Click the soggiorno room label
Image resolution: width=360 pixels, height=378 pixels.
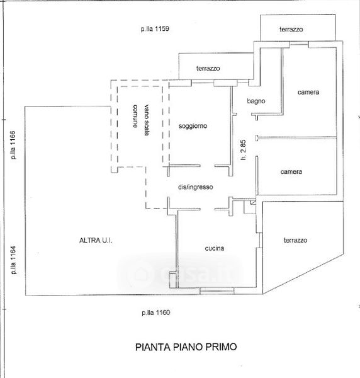pyautogui.click(x=193, y=126)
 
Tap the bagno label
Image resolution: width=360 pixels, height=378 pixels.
pyautogui.click(x=256, y=101)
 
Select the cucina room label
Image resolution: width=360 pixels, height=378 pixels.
pyautogui.click(x=215, y=248)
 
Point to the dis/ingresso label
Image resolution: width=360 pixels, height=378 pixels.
pyautogui.click(x=195, y=187)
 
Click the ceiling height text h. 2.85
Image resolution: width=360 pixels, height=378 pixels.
pyautogui.click(x=243, y=150)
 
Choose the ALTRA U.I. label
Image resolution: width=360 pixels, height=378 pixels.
pyautogui.click(x=96, y=240)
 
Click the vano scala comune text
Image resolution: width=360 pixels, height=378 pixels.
pyautogui.click(x=140, y=120)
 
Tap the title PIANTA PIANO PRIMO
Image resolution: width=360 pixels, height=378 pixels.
pyautogui.click(x=186, y=347)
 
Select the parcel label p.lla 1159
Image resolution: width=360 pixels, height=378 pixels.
pyautogui.click(x=155, y=29)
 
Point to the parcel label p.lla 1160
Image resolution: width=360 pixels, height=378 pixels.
pyautogui.click(x=156, y=312)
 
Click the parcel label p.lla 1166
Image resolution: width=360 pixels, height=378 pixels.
pyautogui.click(x=13, y=145)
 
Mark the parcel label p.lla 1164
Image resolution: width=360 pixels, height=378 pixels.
pyautogui.click(x=13, y=260)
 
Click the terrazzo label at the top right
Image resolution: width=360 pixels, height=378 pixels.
pyautogui.click(x=291, y=30)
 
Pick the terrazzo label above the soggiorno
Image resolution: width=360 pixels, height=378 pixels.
pyautogui.click(x=208, y=68)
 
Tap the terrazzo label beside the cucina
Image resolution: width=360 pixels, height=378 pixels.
pyautogui.click(x=295, y=240)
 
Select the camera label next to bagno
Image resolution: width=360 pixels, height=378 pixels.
pyautogui.click(x=308, y=92)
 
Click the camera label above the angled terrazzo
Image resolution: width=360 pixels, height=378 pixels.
pyautogui.click(x=291, y=171)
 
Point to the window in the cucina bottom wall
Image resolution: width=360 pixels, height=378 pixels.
pyautogui.click(x=217, y=290)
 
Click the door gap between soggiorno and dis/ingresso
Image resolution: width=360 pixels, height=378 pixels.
pyautogui.click(x=207, y=166)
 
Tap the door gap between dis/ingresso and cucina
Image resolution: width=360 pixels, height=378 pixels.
pyautogui.click(x=207, y=209)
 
